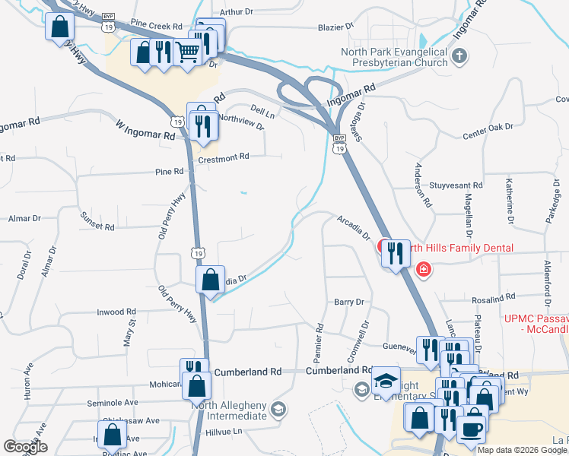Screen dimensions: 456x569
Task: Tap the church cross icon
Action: click(x=459, y=55)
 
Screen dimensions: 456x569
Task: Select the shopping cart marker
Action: click(x=188, y=52)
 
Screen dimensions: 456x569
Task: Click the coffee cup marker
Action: click(x=472, y=428)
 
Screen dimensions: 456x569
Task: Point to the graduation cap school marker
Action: click(x=386, y=381)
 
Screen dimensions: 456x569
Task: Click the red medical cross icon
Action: click(x=424, y=269)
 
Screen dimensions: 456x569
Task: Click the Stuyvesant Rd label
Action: click(x=456, y=185)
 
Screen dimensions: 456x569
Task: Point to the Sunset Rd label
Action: click(x=97, y=221)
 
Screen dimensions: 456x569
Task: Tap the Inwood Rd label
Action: click(x=116, y=312)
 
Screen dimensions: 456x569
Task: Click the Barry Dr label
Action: click(x=350, y=302)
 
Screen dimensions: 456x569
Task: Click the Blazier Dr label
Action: click(x=336, y=26)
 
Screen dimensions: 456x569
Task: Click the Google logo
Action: click(x=26, y=448)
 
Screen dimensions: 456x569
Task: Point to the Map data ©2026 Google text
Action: click(x=521, y=450)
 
